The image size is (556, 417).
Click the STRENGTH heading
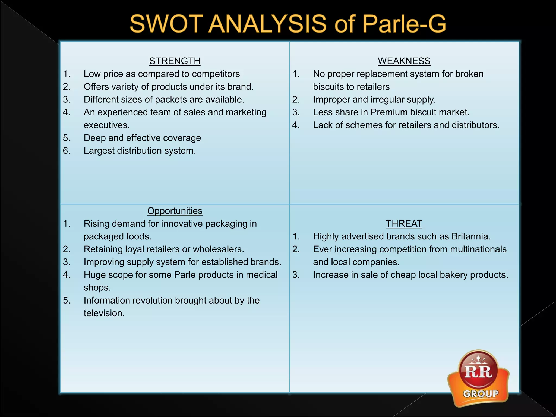(x=175, y=61)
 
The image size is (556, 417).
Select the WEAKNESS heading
(x=404, y=61)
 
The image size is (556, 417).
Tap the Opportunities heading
(x=175, y=211)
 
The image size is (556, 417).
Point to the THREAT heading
(x=404, y=224)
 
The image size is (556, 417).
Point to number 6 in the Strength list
(x=67, y=151)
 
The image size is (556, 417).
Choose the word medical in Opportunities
(x=261, y=275)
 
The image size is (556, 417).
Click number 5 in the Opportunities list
(x=67, y=301)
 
